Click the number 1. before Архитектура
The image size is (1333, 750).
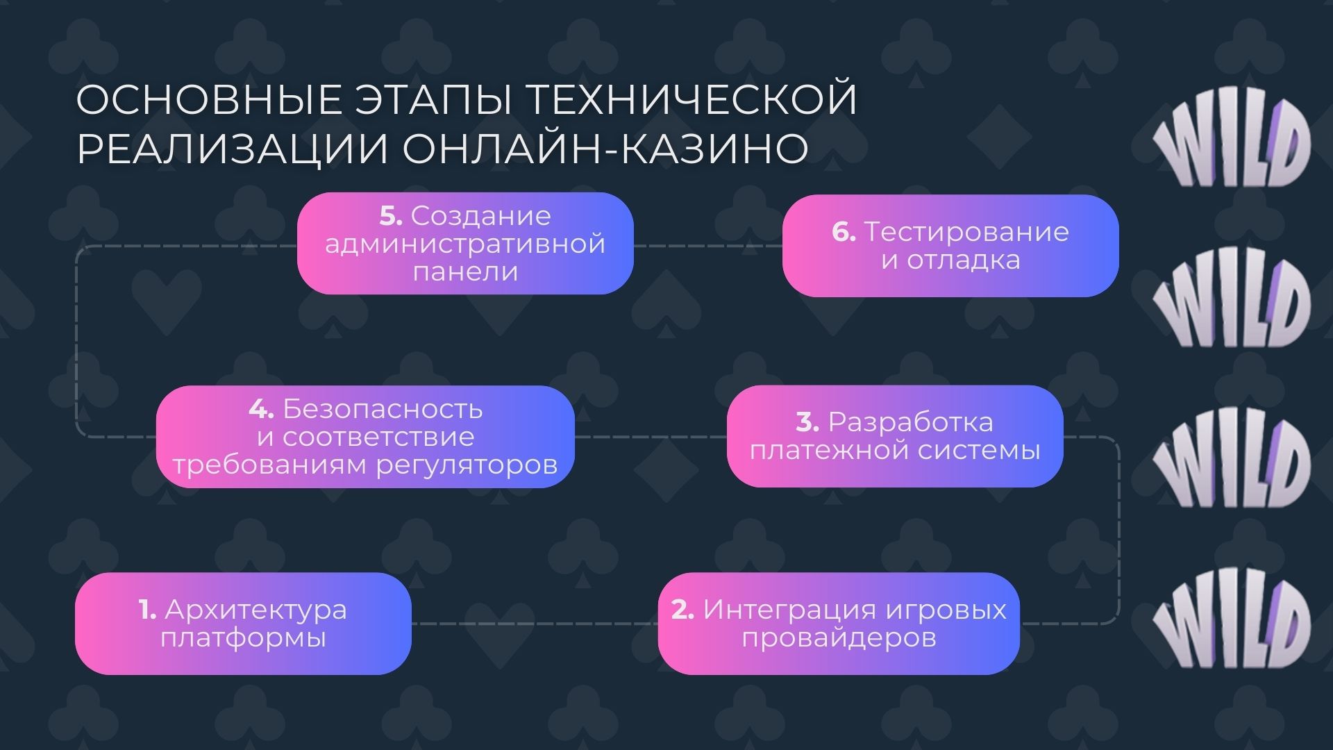pyautogui.click(x=147, y=610)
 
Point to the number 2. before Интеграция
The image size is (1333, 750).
pyautogui.click(x=682, y=610)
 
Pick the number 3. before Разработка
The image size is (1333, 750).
pyautogui.click(x=807, y=422)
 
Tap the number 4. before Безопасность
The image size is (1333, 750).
pyautogui.click(x=261, y=409)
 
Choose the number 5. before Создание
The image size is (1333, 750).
pyautogui.click(x=391, y=216)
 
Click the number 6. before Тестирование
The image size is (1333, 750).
pyautogui.click(x=844, y=232)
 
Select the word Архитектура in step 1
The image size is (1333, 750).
pyautogui.click(x=255, y=610)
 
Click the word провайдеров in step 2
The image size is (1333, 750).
pyautogui.click(x=839, y=637)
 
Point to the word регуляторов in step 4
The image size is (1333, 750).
pyautogui.click(x=467, y=465)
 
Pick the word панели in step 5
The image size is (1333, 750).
pyautogui.click(x=465, y=272)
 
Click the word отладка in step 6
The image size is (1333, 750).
pyautogui.click(x=964, y=260)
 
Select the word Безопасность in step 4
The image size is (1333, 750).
pyautogui.click(x=383, y=409)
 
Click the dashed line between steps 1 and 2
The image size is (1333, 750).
pyautogui.click(x=535, y=624)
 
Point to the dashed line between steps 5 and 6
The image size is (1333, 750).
pyautogui.click(x=708, y=246)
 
